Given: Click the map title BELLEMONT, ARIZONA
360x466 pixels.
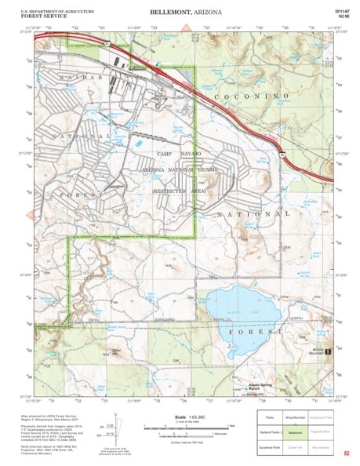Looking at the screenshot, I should click(180, 13).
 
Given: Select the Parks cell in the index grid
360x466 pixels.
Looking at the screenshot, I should click(270, 418).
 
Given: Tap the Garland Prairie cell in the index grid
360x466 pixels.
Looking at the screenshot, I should click(270, 431).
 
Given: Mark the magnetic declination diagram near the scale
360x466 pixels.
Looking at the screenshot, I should click(116, 429).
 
